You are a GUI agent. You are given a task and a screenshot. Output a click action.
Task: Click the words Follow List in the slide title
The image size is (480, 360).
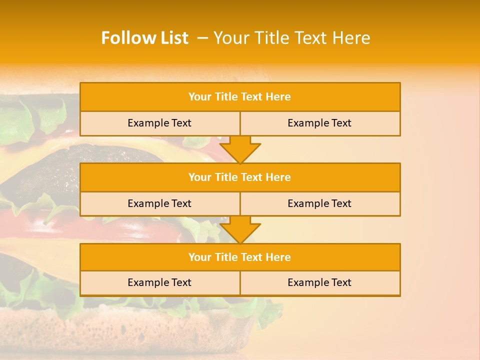[144, 38]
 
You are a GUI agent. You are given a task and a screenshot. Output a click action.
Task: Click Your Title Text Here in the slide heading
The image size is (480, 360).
[292, 38]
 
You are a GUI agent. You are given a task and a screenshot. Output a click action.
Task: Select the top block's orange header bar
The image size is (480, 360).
[240, 97]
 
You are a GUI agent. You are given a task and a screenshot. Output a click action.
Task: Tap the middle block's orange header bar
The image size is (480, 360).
[240, 177]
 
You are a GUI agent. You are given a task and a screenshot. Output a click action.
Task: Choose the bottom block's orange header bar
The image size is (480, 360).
[240, 257]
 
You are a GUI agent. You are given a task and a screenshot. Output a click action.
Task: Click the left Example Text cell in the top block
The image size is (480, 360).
[159, 123]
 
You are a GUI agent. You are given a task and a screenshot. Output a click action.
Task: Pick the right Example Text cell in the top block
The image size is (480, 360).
[319, 123]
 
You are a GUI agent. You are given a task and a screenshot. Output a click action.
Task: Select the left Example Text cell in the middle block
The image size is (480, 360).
[159, 203]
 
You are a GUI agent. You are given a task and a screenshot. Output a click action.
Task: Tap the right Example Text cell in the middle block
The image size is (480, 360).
[319, 203]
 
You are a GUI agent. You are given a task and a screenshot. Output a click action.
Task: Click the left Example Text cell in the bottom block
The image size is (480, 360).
[159, 282]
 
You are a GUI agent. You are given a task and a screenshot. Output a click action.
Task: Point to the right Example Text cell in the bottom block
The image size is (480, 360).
[319, 282]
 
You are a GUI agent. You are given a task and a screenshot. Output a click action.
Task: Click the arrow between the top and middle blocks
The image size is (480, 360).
[240, 149]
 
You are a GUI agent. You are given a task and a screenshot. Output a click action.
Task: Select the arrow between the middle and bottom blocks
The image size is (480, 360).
[240, 230]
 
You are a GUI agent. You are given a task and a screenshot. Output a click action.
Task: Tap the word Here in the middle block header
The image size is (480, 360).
[278, 177]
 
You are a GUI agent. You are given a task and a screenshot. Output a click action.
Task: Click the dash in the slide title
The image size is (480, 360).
[202, 38]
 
